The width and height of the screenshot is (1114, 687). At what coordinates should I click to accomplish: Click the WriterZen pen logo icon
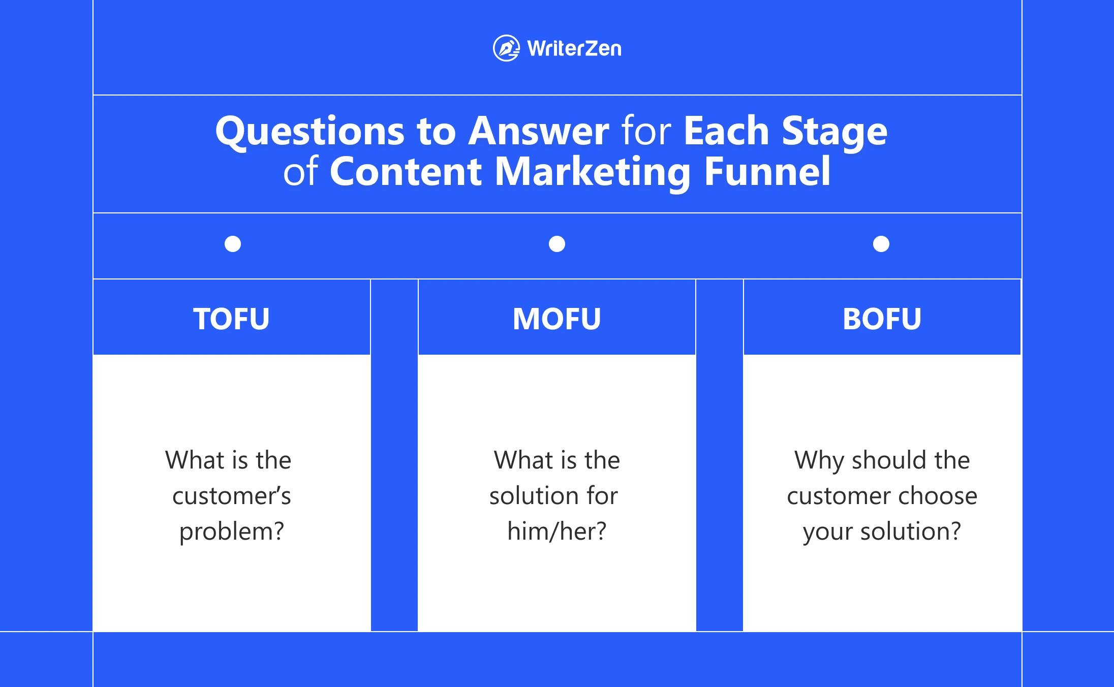coord(506,48)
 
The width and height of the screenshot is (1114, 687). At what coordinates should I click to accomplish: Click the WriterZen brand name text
coord(574,49)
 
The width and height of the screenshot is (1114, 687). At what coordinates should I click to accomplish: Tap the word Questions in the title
coord(310,132)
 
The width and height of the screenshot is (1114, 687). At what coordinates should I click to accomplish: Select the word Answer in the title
coord(539,131)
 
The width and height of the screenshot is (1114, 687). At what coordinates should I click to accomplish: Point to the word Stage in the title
coord(834,132)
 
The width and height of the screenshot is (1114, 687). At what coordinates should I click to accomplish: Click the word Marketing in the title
coord(593,172)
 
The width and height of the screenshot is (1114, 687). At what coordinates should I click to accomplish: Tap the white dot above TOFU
coord(233,244)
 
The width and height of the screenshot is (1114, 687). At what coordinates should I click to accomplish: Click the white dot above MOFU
coord(557,244)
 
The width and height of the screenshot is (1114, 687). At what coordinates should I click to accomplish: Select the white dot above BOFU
coord(881,244)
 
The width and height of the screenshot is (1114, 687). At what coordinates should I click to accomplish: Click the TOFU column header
coord(231,319)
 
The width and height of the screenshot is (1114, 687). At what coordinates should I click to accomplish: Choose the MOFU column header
coord(557,319)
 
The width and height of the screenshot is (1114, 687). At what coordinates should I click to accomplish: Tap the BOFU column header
coord(882,319)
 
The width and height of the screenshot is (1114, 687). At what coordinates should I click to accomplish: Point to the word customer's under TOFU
coord(232,496)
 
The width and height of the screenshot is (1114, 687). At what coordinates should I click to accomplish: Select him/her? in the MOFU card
coord(557,531)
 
